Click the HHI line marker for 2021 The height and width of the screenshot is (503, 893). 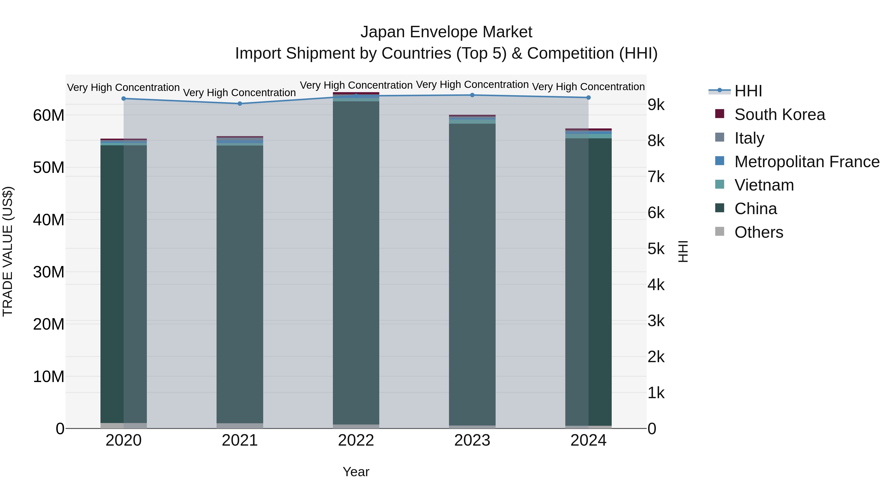click(x=240, y=103)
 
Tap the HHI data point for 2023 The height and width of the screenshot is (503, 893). click(x=472, y=95)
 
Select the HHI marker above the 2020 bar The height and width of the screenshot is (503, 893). click(x=124, y=99)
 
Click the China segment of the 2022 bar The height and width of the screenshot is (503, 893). click(x=356, y=260)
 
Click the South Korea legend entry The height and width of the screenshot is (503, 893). click(x=779, y=115)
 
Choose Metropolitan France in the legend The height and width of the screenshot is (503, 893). click(x=807, y=162)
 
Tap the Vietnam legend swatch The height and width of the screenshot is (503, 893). click(x=720, y=184)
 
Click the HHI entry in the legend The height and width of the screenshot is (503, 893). click(x=748, y=91)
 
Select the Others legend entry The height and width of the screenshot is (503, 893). click(x=759, y=232)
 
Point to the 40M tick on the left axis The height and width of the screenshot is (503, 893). click(x=49, y=220)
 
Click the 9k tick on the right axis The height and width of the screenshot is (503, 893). click(x=656, y=105)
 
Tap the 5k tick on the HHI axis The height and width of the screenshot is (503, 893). click(x=656, y=249)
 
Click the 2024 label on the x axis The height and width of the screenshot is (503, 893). click(x=588, y=440)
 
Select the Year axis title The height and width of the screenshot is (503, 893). click(x=356, y=472)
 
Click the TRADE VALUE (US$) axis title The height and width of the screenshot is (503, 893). click(x=8, y=251)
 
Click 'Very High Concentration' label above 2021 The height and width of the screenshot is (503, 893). click(x=240, y=93)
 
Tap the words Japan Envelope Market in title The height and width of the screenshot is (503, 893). click(x=446, y=32)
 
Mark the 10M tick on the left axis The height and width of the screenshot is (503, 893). click(x=49, y=377)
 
